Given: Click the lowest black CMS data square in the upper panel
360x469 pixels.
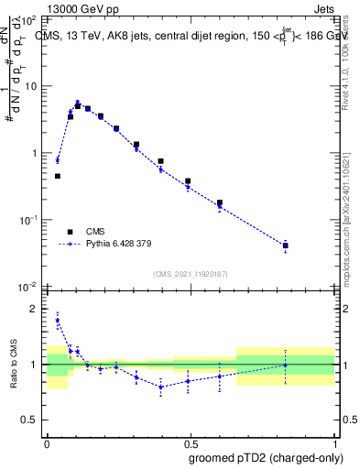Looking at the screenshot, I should coord(286,245).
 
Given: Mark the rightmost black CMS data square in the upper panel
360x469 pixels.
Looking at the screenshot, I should coord(286,245).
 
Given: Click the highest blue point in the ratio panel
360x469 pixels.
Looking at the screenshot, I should coord(58,321).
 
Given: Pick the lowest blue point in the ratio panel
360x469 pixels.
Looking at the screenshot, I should coord(161,387).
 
